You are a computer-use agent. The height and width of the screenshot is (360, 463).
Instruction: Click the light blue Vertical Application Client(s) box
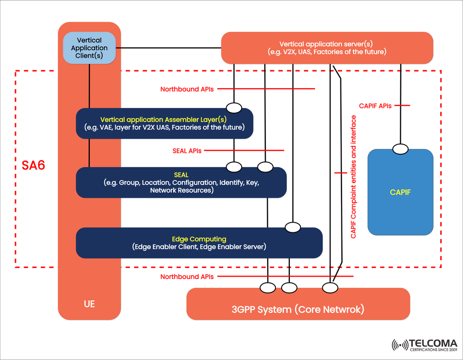click(89, 48)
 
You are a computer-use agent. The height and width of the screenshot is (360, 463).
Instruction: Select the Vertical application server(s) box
click(327, 48)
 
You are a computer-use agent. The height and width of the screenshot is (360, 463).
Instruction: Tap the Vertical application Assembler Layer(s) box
click(164, 123)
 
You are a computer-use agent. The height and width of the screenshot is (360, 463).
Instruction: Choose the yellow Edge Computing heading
click(199, 239)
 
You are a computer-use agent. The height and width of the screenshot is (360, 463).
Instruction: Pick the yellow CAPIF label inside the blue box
click(400, 192)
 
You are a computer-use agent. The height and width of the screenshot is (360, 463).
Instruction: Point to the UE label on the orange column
click(89, 304)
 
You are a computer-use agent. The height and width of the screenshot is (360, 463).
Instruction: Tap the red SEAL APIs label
click(186, 151)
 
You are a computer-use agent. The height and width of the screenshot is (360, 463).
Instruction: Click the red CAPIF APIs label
click(375, 106)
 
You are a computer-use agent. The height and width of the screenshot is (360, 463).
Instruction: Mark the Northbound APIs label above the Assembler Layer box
click(187, 89)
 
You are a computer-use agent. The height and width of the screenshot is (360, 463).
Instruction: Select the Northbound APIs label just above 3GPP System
click(187, 277)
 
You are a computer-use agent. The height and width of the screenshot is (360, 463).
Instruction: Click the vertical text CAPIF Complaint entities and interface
click(354, 177)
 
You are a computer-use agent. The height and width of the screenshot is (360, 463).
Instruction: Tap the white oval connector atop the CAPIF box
click(400, 149)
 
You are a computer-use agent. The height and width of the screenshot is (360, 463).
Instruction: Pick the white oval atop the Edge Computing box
click(293, 227)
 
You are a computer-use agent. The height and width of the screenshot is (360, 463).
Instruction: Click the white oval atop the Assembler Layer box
click(234, 107)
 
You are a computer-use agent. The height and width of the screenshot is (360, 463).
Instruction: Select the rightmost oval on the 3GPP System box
click(330, 288)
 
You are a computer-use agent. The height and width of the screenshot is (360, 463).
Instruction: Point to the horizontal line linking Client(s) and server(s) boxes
click(168, 48)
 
